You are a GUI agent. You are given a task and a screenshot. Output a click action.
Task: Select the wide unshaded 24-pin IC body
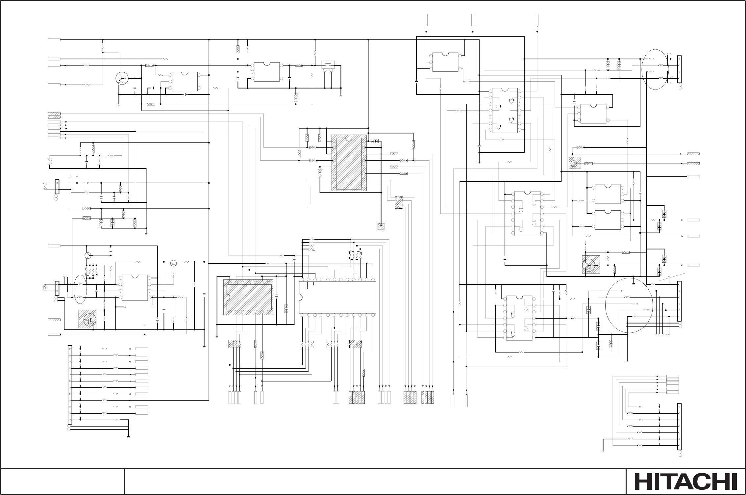coord(337,297)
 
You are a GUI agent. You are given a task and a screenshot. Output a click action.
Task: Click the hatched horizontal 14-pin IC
coord(249,297)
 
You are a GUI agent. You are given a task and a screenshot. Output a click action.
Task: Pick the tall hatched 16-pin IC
coord(349,163)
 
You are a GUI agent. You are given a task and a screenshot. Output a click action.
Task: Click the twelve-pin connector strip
coord(69,385)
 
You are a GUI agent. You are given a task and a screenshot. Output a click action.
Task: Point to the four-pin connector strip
coord(679,69)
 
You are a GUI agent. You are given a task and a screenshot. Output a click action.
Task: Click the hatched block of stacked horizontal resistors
coord(399,202)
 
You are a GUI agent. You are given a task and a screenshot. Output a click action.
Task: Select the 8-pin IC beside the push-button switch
coord(267,72)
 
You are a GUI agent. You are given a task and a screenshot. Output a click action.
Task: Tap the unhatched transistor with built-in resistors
coord(122,78)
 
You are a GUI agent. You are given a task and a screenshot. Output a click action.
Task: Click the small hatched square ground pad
coord(381,226)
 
